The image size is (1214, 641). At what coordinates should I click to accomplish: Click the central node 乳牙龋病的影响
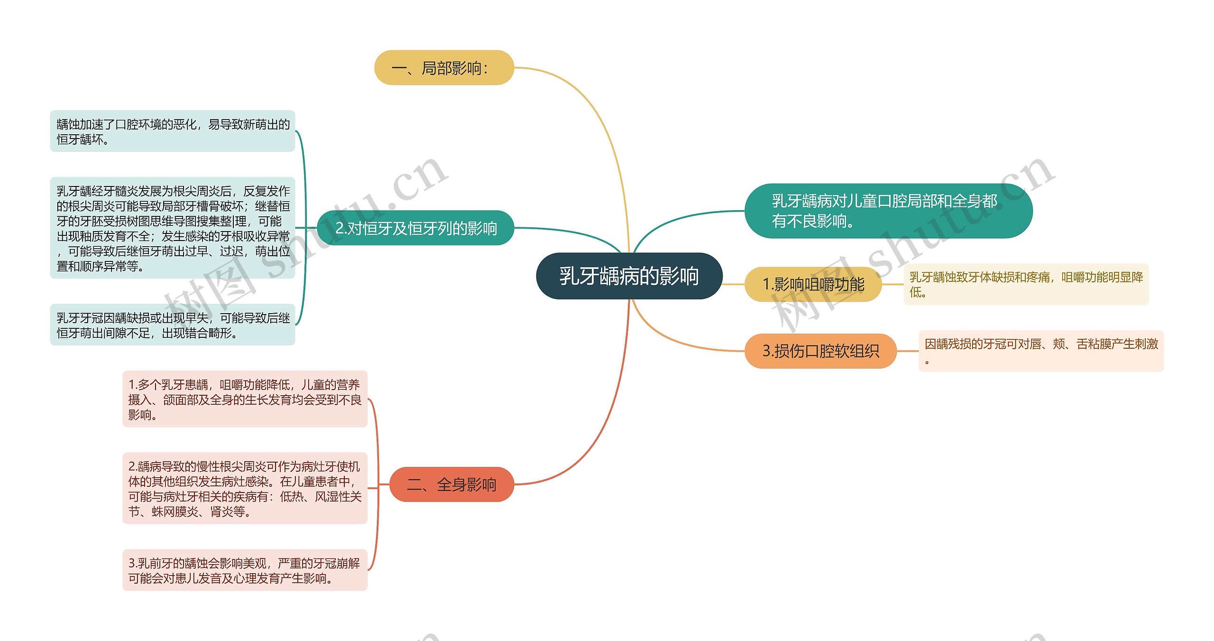[629, 276]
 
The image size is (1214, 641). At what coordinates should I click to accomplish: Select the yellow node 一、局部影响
[444, 68]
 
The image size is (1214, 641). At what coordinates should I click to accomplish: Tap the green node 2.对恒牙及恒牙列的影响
[415, 228]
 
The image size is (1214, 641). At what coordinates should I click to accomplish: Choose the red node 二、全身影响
[451, 484]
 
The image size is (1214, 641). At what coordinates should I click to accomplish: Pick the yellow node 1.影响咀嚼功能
[813, 284]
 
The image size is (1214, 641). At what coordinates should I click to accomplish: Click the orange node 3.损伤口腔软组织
[820, 351]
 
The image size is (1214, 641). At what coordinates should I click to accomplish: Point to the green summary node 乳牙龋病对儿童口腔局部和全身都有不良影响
[888, 211]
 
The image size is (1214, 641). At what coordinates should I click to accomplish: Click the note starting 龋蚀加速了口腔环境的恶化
[173, 131]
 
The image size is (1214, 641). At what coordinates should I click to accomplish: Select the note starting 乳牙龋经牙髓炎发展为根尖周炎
[173, 228]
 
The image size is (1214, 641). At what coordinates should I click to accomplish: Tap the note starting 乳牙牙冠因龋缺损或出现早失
[173, 325]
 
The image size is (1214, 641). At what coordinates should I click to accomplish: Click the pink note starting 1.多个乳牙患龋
[245, 399]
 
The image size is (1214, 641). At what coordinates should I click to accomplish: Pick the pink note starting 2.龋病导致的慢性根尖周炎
[245, 488]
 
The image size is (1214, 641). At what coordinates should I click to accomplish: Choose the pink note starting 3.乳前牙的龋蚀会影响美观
[245, 570]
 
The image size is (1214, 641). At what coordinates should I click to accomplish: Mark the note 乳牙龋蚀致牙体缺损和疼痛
[1026, 284]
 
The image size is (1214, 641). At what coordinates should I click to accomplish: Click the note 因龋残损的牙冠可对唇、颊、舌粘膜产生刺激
[1041, 351]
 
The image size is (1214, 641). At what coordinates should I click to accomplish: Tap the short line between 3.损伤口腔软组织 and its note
[907, 351]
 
